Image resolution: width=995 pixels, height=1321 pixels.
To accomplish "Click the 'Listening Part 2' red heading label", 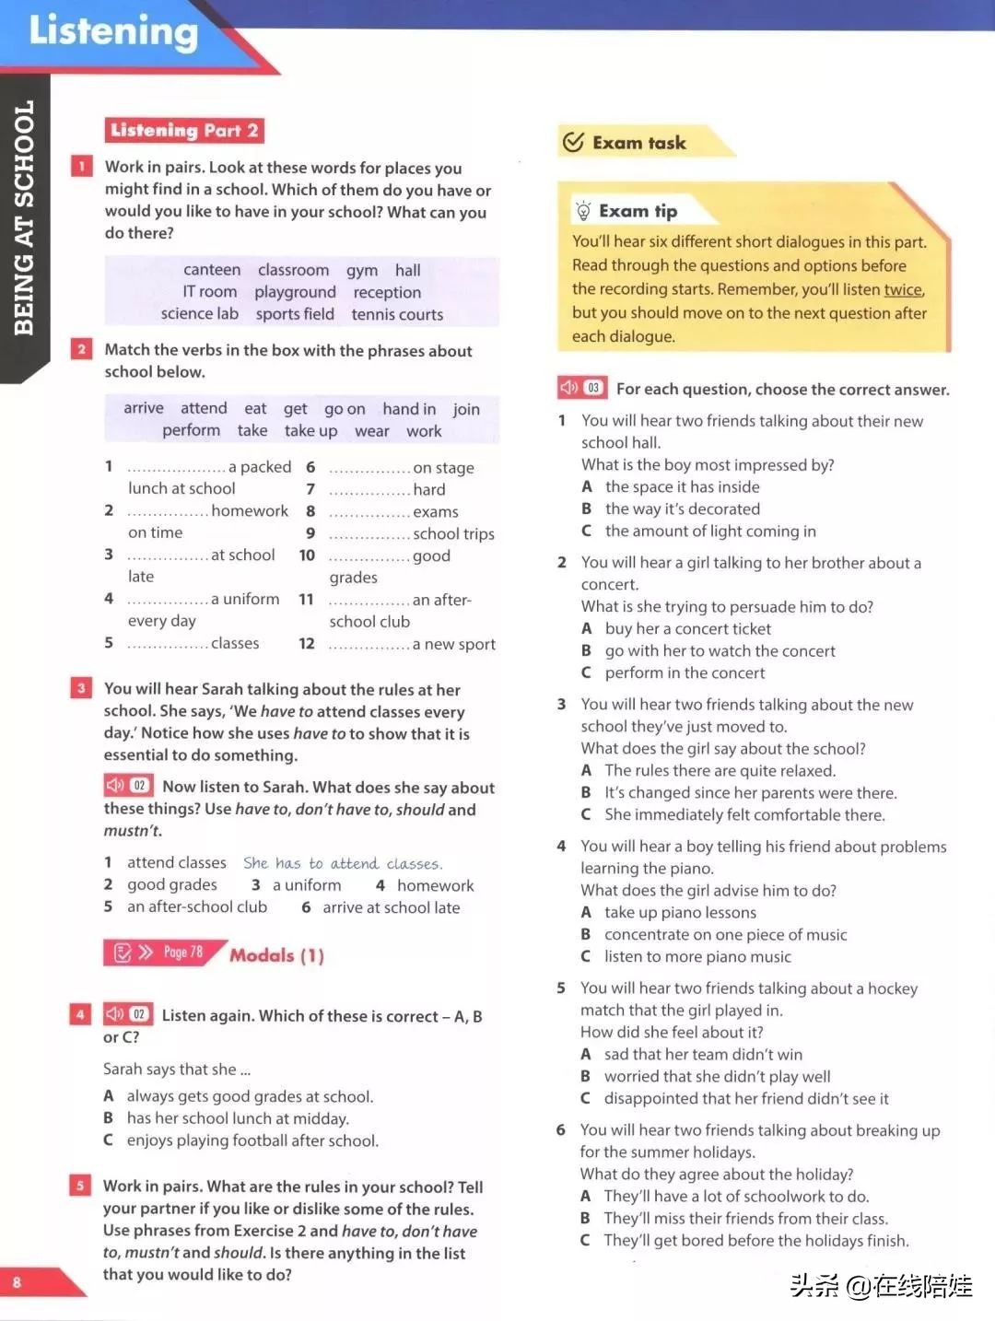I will (x=184, y=131).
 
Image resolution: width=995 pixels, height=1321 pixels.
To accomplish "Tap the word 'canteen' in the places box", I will (x=212, y=270).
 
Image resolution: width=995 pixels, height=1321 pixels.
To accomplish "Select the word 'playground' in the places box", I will (x=295, y=292).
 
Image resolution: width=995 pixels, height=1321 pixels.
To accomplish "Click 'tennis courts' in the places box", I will (x=397, y=314).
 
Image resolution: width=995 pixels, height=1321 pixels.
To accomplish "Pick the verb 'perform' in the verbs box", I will (x=191, y=430).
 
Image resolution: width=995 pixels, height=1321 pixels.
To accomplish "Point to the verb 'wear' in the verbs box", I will (x=371, y=431).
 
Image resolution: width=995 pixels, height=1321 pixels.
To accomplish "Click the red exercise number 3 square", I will (x=81, y=688).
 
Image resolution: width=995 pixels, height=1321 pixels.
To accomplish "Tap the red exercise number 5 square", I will (x=80, y=1186).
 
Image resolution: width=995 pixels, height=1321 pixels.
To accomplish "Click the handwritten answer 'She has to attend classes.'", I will (x=343, y=863).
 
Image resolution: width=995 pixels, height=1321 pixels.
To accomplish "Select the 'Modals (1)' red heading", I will (x=276, y=955).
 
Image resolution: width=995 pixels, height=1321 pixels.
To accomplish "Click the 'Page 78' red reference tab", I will (x=164, y=953).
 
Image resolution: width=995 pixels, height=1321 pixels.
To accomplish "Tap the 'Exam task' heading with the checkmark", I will (x=638, y=143).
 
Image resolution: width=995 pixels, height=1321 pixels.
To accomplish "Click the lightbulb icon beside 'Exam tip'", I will (x=582, y=211).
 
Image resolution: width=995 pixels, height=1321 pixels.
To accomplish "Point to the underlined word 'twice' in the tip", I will (x=903, y=289).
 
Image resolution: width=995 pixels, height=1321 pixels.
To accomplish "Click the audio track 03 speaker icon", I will (x=569, y=388).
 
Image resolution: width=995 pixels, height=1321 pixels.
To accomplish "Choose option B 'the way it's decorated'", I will (x=682, y=509).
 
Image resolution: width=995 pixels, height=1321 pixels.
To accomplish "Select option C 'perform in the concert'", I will (x=684, y=672).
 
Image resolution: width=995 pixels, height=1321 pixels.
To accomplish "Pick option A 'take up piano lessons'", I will (x=679, y=912).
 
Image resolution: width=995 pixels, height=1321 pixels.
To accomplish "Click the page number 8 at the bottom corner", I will (x=17, y=1282).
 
